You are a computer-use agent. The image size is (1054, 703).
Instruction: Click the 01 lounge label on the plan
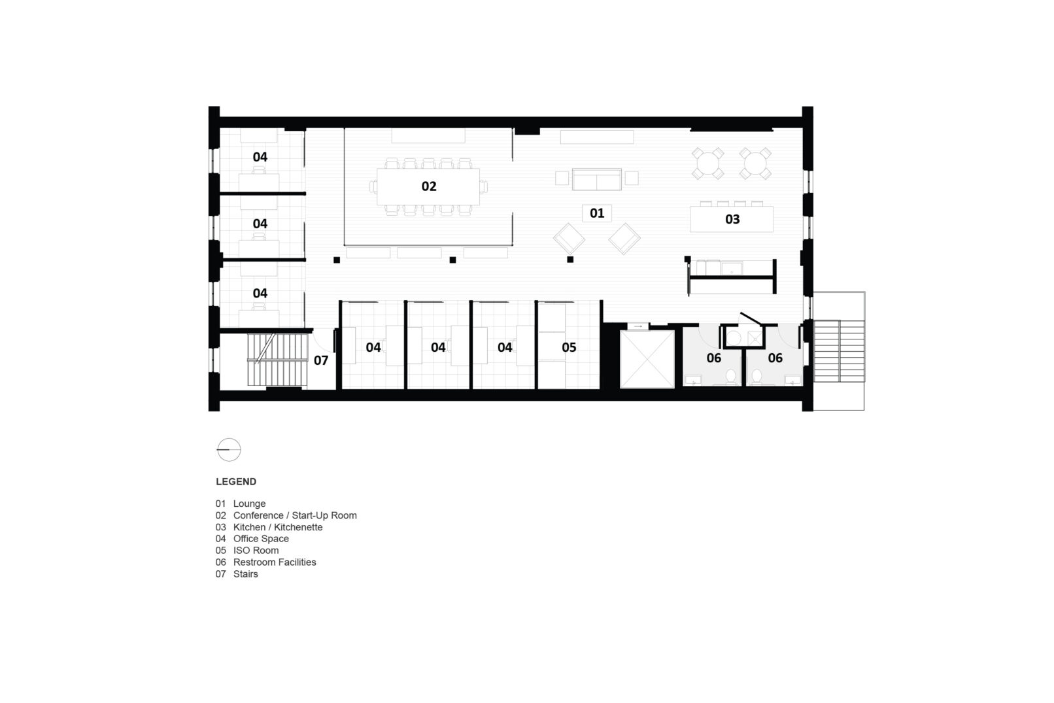pos(596,213)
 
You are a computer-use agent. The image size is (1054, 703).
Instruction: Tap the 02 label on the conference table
pos(428,186)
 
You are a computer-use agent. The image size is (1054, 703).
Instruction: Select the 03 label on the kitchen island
pos(732,219)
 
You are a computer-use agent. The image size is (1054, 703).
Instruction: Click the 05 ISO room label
pos(569,347)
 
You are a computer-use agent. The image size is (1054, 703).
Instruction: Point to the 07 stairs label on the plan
pos(320,360)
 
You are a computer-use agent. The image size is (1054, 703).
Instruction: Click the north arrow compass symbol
pos(229,449)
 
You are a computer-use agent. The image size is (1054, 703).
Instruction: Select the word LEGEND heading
pos(236,482)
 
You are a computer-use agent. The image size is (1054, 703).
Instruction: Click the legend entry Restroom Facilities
pos(274,562)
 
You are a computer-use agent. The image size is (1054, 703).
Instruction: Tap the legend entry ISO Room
pos(256,550)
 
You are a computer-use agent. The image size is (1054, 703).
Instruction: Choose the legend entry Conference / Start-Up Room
pos(294,515)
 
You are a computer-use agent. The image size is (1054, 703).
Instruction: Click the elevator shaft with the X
pos(646,359)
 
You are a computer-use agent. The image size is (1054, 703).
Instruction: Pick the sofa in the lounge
pos(596,178)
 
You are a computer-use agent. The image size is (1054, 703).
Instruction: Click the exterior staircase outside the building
pos(838,351)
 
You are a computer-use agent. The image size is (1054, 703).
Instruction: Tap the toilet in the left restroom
pos(731,376)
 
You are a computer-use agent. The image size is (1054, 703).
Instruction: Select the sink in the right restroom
pos(793,379)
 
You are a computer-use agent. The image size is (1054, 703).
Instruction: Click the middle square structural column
pos(452,260)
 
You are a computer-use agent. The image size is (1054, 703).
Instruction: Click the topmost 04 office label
pos(260,157)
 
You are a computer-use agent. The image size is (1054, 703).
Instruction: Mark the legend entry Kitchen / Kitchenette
pos(277,527)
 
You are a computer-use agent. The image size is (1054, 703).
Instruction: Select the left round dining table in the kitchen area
pos(708,162)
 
